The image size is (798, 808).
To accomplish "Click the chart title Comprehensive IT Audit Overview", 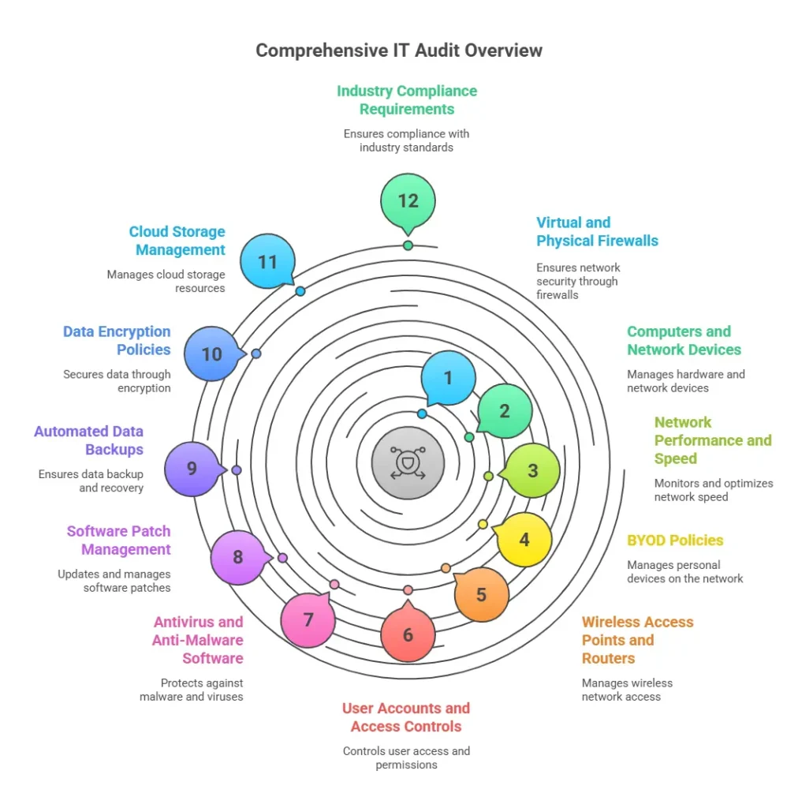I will [399, 50].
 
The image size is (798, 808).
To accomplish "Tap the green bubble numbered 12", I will [408, 201].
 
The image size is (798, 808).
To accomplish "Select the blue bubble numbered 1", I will [448, 378].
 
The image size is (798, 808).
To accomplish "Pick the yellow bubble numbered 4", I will [524, 541].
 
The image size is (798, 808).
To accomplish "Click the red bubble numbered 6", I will [408, 634].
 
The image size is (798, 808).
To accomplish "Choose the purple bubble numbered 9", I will [192, 469].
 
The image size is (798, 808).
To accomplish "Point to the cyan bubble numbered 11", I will [267, 261].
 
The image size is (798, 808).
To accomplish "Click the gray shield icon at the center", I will [408, 463].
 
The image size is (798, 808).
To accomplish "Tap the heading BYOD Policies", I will [675, 541].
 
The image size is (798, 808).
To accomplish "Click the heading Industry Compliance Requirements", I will [407, 100].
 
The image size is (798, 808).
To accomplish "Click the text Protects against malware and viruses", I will [192, 690].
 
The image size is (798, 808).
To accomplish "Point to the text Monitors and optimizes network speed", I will [713, 490].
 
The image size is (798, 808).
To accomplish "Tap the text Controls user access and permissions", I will [406, 757].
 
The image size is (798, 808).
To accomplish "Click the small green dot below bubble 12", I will [408, 245].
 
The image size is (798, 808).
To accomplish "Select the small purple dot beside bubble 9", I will [237, 470].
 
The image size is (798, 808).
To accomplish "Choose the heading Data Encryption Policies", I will [118, 340].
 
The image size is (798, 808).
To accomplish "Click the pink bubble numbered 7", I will [308, 619].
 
